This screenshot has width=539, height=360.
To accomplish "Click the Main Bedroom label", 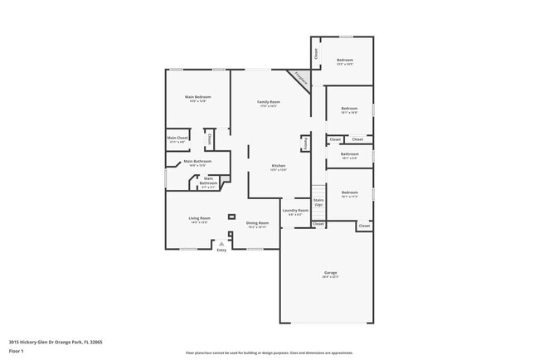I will (197, 97).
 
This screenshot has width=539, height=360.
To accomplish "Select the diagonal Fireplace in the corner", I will (299, 80).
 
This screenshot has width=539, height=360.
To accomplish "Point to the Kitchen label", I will (279, 166).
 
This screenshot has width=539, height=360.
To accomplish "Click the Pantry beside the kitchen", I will (305, 144).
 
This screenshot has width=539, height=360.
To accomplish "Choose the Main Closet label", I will (177, 138).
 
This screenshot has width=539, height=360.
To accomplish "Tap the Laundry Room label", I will (295, 210).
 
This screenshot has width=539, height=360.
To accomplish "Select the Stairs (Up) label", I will (318, 202).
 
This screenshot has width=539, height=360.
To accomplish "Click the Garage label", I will (330, 273).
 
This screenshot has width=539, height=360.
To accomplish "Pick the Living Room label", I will (200, 218).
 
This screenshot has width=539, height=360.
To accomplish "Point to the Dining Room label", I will (257, 222).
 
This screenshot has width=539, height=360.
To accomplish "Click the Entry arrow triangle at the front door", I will (221, 243).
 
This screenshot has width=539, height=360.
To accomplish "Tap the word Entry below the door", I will (221, 250).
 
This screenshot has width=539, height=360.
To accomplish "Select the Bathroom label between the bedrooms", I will (349, 153).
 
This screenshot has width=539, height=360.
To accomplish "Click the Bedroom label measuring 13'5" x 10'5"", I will (345, 60).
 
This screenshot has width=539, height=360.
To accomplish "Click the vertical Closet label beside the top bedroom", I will (316, 52).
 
